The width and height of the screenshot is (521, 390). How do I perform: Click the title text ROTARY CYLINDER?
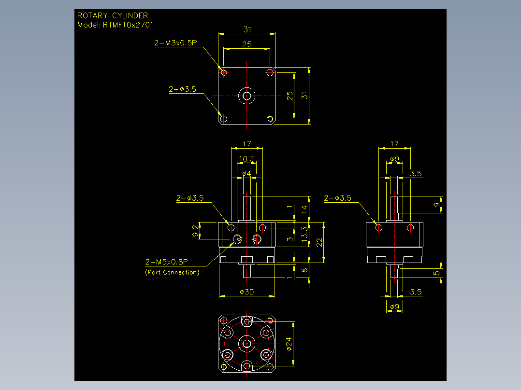coord(113,15)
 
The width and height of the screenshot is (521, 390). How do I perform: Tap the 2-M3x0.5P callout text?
coord(175,43)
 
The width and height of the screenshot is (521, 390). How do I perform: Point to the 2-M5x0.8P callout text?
coord(166,262)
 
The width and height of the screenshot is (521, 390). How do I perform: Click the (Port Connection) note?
coord(172,272)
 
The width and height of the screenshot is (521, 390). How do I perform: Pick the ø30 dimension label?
coord(247,292)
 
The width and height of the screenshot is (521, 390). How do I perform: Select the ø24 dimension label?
coord(289,344)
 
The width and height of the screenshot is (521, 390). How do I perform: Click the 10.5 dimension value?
coord(246,159)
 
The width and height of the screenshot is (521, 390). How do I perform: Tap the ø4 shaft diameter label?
coord(246,174)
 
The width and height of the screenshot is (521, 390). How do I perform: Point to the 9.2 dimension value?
coord(196,231)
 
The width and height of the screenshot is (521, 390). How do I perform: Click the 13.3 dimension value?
coord(304,234)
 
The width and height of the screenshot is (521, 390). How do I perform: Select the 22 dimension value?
coord(319,242)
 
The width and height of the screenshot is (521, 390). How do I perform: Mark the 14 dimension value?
coord(304,209)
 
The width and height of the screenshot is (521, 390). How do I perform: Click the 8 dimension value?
coord(304,270)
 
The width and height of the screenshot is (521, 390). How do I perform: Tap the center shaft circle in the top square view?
coord(246,96)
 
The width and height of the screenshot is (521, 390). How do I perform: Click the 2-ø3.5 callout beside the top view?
coord(182,89)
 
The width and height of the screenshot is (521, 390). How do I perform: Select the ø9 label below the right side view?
coord(394,306)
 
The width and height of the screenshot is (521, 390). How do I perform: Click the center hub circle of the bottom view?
coord(246,344)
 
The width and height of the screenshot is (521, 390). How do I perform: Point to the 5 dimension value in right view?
coord(436,273)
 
